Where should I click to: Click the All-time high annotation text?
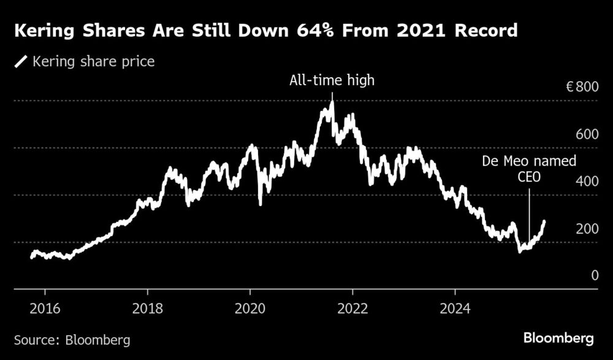click(x=332, y=80)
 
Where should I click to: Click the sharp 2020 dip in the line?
click(x=261, y=204)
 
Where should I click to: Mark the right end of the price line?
click(x=544, y=221)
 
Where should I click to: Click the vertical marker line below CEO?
click(x=528, y=215)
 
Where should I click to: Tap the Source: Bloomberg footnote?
click(x=72, y=339)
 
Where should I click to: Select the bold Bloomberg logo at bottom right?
click(x=558, y=338)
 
